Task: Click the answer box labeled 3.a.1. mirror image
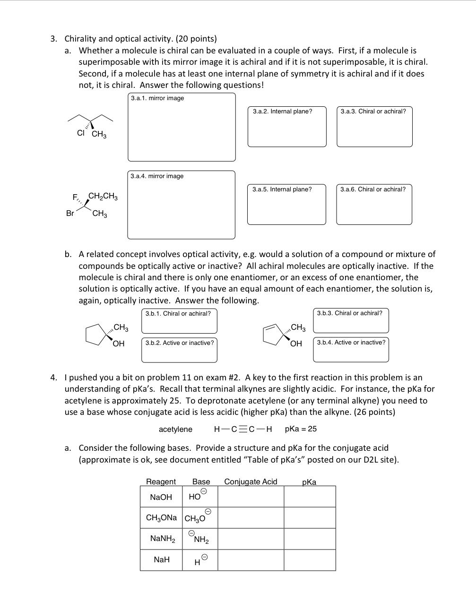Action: [x=182, y=127]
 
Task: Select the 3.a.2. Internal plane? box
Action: [x=287, y=127]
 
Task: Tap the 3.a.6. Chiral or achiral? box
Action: [x=374, y=205]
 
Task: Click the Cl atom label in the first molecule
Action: [x=80, y=133]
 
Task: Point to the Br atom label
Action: [x=70, y=214]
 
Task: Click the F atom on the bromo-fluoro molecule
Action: [x=75, y=197]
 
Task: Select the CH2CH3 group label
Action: [x=103, y=196]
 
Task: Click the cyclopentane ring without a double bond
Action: [x=96, y=334]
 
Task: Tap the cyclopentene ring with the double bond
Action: [x=273, y=334]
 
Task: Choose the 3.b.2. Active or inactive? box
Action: [x=179, y=350]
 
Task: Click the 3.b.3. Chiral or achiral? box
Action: [x=351, y=321]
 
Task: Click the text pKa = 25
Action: [x=301, y=429]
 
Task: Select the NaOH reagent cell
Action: [x=161, y=497]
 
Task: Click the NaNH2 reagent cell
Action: [x=162, y=539]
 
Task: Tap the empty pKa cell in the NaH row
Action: [x=310, y=560]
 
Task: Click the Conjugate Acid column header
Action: [x=251, y=481]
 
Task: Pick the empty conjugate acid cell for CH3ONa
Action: [x=251, y=518]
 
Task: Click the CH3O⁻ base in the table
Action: [x=196, y=518]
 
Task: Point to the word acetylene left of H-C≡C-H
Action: [x=175, y=429]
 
